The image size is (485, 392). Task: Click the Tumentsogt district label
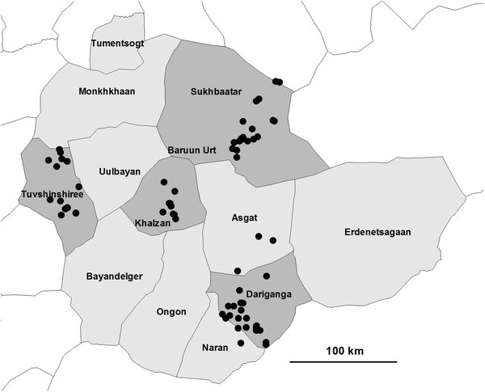coord(118,43)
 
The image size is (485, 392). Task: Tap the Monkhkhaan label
coord(107,91)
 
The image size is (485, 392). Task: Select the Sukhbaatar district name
coord(217,92)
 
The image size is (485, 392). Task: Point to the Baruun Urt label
coord(192,150)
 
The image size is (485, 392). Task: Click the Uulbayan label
coord(119,171)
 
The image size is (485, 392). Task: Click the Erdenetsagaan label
coord(377,232)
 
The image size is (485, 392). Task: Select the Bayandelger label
coord(114,276)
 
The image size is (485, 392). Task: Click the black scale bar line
coord(344,360)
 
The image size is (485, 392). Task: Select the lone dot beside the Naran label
coord(240,344)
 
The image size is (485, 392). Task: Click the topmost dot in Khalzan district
coord(164,182)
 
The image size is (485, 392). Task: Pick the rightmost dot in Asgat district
coord(273,240)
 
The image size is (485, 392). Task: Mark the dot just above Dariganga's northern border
coord(238,270)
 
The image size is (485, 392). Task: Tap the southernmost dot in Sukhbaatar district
coord(236,157)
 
